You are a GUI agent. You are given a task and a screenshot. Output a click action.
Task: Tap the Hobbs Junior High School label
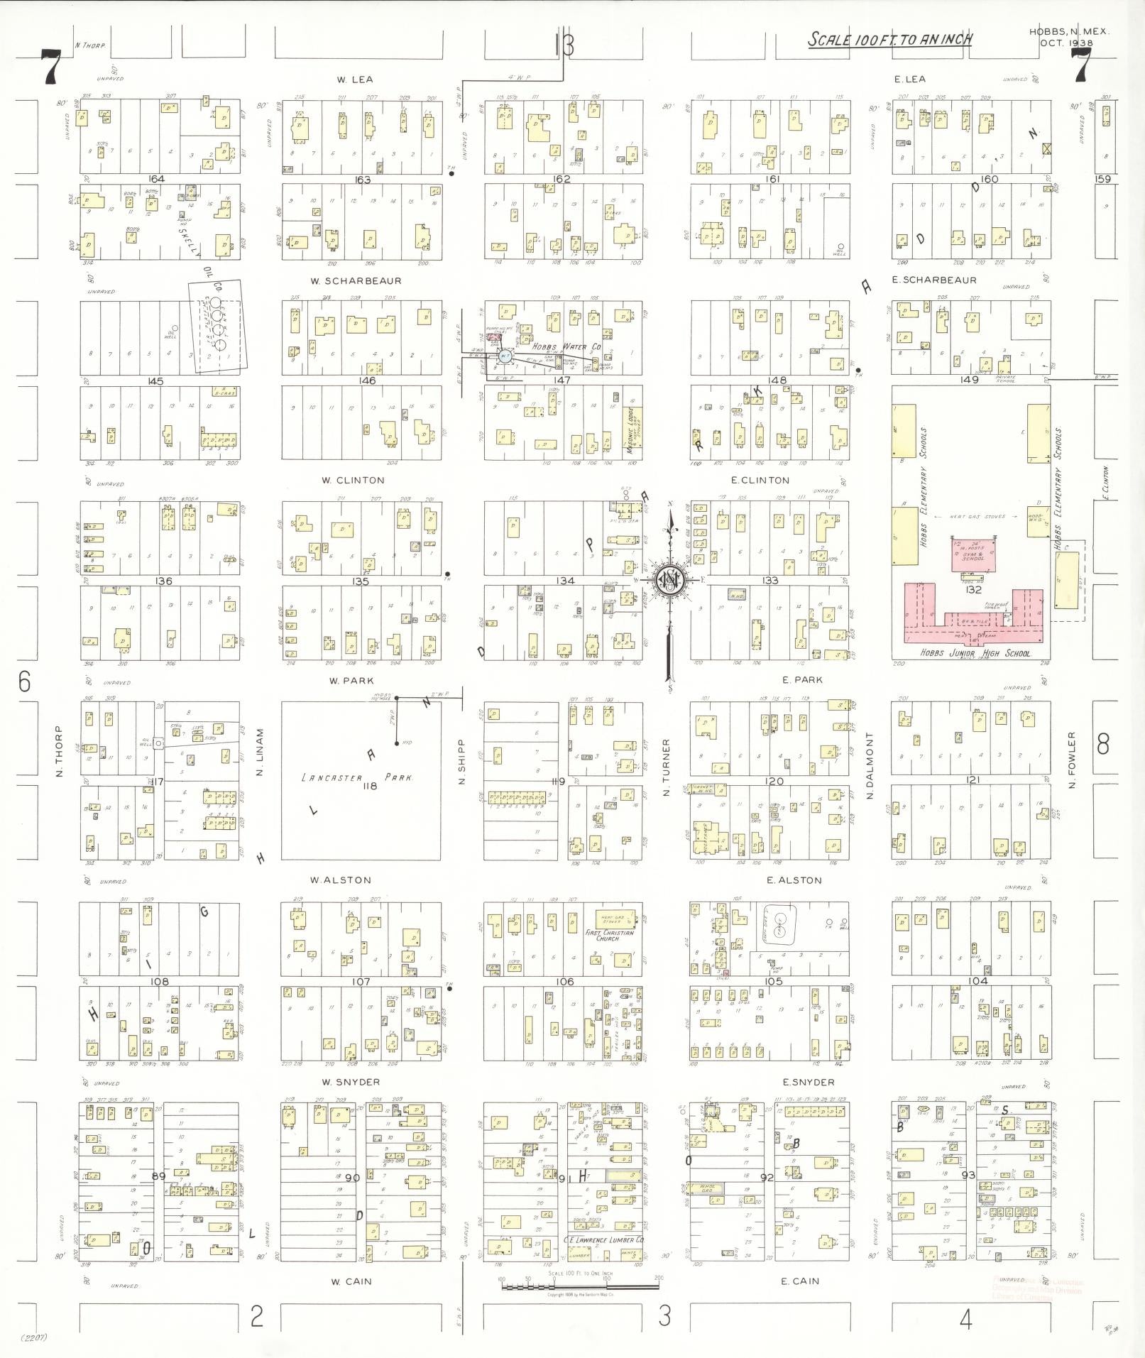(975, 653)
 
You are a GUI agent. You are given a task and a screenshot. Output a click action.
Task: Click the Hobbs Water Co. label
(577, 347)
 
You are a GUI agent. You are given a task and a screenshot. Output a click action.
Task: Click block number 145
(155, 381)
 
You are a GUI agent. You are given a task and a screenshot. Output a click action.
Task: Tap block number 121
(972, 780)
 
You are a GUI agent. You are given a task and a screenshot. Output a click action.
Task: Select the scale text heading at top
(889, 40)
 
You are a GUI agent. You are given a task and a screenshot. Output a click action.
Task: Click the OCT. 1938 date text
(1067, 43)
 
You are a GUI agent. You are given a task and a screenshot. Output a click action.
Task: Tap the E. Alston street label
(794, 880)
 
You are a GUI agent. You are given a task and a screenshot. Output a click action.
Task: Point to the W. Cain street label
(351, 1281)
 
